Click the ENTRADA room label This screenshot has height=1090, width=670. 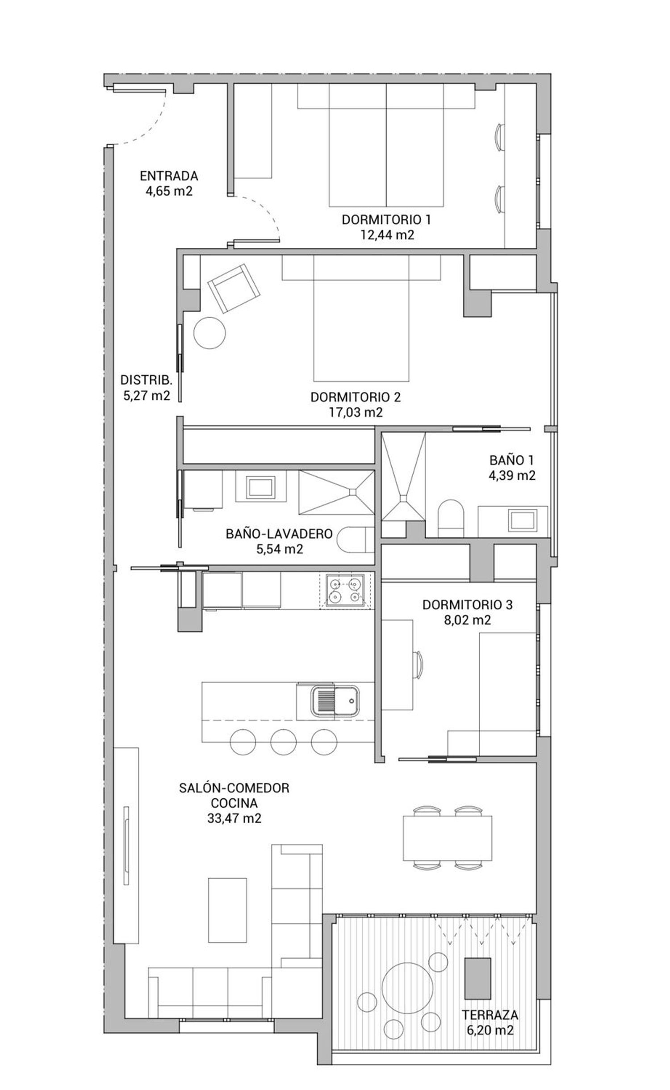click(x=169, y=176)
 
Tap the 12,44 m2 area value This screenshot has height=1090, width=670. click(x=387, y=235)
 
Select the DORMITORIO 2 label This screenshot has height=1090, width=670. click(x=356, y=397)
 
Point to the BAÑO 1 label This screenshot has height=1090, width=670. click(x=511, y=460)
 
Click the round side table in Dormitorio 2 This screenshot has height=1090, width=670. click(x=209, y=332)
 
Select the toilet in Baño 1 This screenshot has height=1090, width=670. click(x=451, y=518)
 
